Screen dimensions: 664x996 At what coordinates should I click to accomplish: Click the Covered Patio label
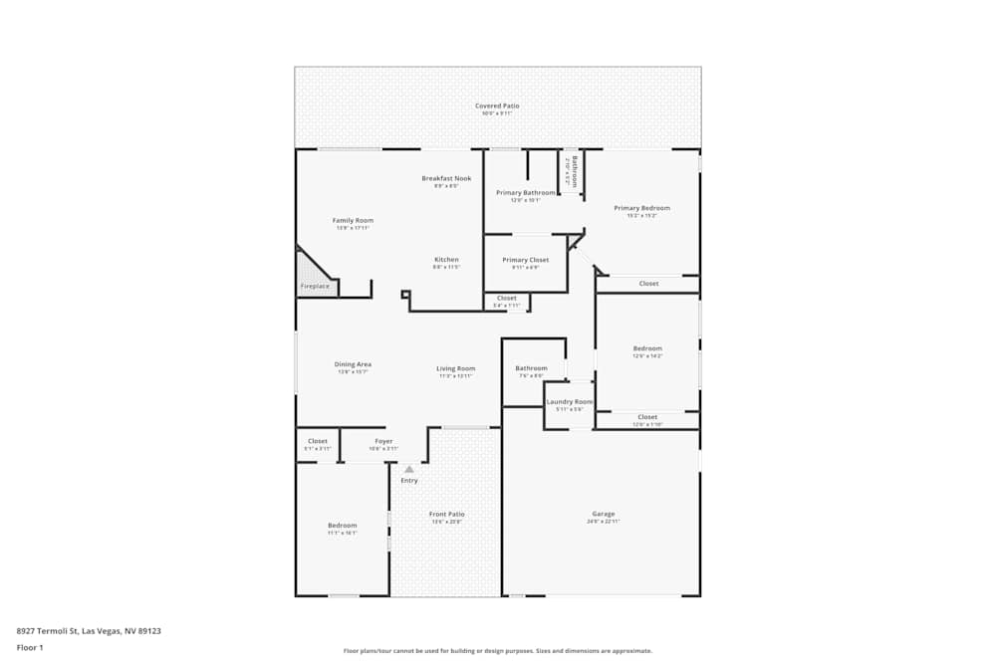tap(497, 106)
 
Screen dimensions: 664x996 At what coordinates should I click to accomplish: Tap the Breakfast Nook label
tap(439, 178)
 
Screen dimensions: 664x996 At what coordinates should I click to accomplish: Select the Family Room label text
tap(353, 220)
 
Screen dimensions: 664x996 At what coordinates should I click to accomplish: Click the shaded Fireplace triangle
tap(312, 275)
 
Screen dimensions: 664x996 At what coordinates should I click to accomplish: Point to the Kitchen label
tap(445, 260)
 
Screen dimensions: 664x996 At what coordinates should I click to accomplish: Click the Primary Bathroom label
tap(525, 192)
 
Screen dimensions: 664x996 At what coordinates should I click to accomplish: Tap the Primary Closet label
tap(525, 260)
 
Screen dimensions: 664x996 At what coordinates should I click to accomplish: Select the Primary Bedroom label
tap(641, 208)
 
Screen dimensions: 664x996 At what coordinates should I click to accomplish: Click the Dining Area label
tap(353, 364)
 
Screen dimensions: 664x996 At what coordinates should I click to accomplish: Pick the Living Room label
tap(455, 368)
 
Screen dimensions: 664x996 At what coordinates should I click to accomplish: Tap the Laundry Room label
tap(570, 402)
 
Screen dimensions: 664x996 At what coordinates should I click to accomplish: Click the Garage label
tap(603, 514)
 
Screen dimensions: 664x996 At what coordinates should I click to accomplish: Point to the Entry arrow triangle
tap(408, 469)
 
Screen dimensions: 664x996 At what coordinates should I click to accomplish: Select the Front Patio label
tap(446, 514)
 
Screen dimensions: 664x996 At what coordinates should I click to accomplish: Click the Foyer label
tap(383, 441)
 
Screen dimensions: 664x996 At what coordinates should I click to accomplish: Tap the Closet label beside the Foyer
tap(318, 441)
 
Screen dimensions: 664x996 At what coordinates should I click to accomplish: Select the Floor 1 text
tap(30, 647)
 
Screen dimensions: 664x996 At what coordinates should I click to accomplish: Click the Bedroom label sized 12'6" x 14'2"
tap(647, 348)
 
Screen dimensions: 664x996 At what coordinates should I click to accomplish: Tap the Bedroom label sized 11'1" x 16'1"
tap(342, 525)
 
